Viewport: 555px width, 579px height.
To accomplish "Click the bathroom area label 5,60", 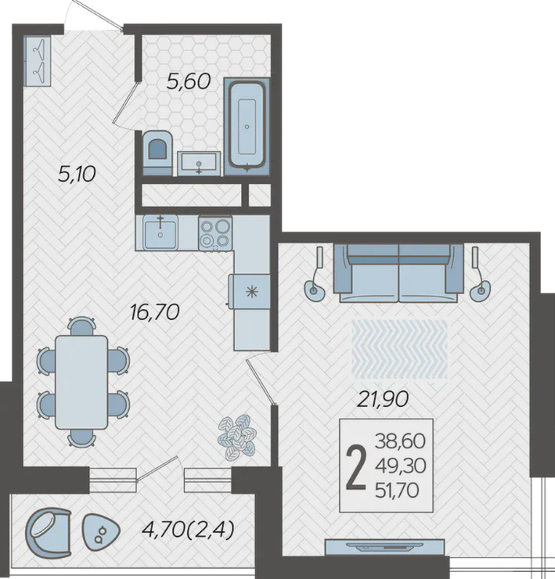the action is pyautogui.click(x=189, y=81).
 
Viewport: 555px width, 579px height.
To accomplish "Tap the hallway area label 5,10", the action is pyautogui.click(x=77, y=174).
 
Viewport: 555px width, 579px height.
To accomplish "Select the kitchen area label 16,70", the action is pyautogui.click(x=155, y=312).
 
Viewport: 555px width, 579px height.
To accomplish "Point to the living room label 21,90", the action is pyautogui.click(x=383, y=399).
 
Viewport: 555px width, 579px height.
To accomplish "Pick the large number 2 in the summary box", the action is pyautogui.click(x=356, y=466).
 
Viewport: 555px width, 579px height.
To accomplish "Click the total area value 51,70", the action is pyautogui.click(x=397, y=491).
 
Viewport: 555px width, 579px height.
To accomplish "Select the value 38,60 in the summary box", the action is pyautogui.click(x=400, y=441).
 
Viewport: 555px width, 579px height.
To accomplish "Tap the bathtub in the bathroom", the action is pyautogui.click(x=247, y=125).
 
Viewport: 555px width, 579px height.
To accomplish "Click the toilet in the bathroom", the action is pyautogui.click(x=157, y=152).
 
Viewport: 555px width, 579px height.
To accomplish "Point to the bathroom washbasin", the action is pyautogui.click(x=199, y=163).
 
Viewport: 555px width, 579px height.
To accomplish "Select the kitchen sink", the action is pyautogui.click(x=160, y=233).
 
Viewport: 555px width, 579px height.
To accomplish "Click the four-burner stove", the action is pyautogui.click(x=215, y=233).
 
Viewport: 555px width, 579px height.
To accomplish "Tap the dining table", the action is pyautogui.click(x=81, y=382).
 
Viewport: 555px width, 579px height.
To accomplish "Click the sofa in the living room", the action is pyautogui.click(x=398, y=272).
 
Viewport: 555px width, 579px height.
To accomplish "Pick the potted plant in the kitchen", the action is pyautogui.click(x=237, y=437).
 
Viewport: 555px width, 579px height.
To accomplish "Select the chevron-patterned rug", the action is pyautogui.click(x=399, y=349).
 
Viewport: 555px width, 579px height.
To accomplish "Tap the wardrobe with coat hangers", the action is pyautogui.click(x=38, y=61).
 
